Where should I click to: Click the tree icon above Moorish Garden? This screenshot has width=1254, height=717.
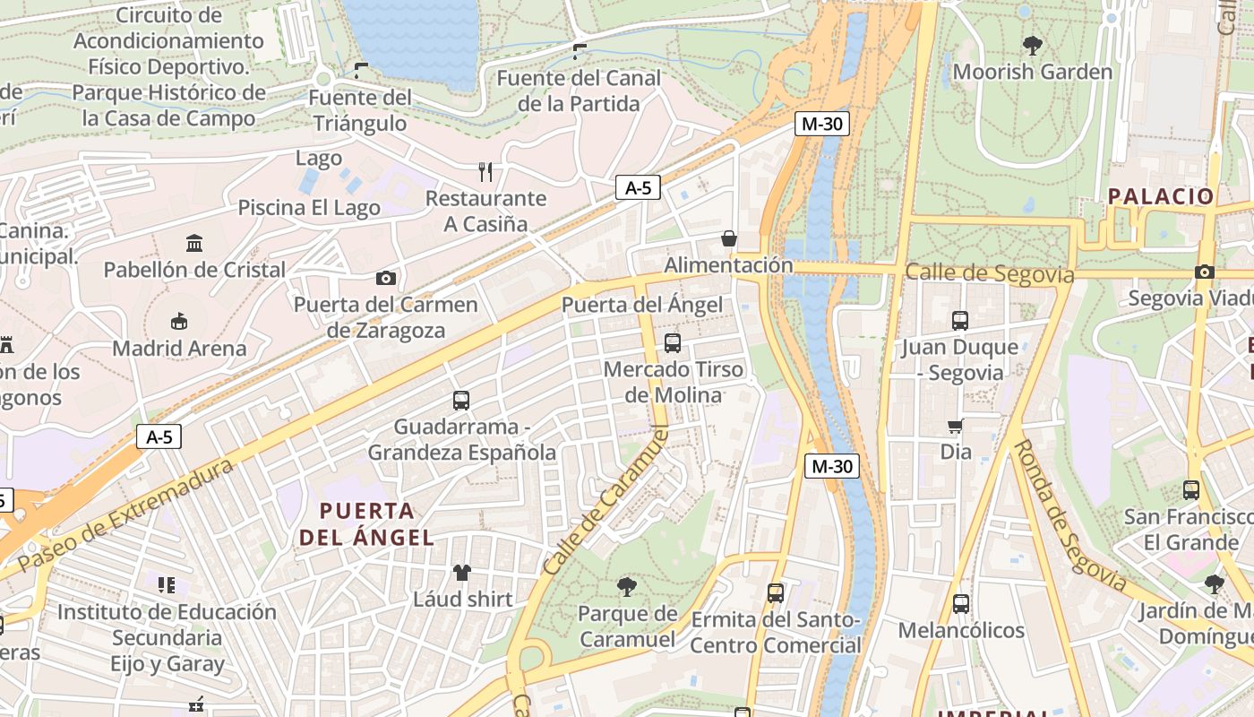1032,44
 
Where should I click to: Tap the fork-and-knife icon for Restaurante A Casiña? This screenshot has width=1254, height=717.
485,171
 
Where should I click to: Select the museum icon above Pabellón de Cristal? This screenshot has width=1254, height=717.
194,243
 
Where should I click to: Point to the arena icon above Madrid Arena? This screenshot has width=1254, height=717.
179,321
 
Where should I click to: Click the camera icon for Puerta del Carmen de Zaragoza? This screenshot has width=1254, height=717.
386,278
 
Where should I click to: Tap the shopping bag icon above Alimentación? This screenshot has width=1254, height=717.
729,238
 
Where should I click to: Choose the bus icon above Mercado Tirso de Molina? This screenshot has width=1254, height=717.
673,342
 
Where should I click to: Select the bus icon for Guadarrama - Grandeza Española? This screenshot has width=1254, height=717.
461,400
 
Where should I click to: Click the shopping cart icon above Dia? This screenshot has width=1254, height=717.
956,426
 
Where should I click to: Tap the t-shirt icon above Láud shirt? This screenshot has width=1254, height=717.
462,572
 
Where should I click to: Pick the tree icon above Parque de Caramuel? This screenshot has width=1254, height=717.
627,587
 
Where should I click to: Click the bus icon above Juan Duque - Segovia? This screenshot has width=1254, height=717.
960,320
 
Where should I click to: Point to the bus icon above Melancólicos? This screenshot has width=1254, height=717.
961,603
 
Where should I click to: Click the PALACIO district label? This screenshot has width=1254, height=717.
1161,196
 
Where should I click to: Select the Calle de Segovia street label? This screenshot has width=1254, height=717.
989,272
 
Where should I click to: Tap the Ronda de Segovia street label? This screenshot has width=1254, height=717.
1069,514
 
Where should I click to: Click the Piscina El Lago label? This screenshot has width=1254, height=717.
309,208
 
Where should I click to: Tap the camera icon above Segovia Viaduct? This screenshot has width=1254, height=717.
1205,272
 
